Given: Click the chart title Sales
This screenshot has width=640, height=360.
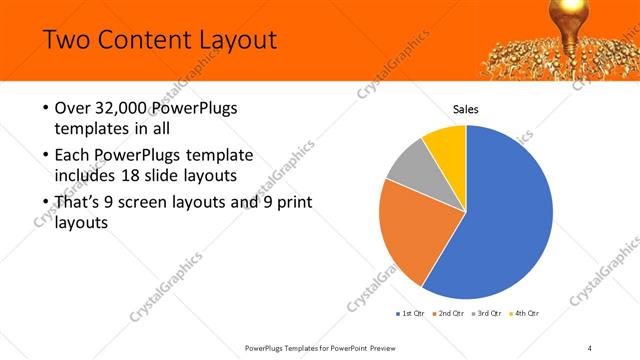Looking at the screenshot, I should (x=466, y=109).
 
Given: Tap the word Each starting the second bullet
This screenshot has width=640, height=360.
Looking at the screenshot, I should (x=73, y=155).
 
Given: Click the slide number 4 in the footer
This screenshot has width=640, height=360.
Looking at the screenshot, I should (x=589, y=347).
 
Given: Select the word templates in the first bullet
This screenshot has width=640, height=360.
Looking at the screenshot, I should (x=91, y=129).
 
